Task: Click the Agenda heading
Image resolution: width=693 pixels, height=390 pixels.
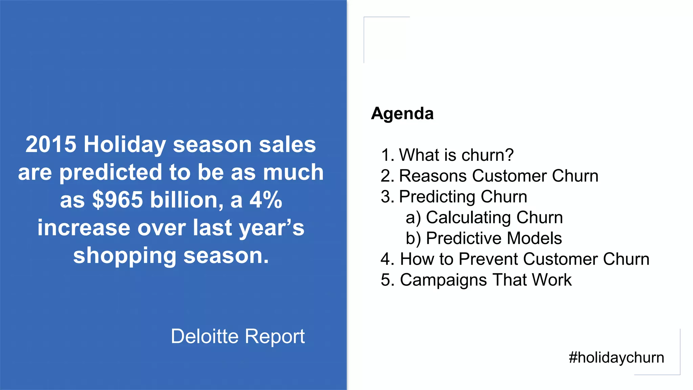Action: pyautogui.click(x=402, y=113)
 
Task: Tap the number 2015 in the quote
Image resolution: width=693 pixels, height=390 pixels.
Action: pyautogui.click(x=51, y=145)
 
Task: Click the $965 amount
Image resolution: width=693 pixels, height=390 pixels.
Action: pyautogui.click(x=117, y=200)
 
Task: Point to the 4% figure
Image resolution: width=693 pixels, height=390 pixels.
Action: pyautogui.click(x=266, y=200)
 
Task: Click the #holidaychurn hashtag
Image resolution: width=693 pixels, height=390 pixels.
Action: pyautogui.click(x=616, y=357)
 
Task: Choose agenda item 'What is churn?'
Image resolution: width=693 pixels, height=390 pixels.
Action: pyautogui.click(x=456, y=155)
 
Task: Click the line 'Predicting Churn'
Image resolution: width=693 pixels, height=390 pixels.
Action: pyautogui.click(x=463, y=197)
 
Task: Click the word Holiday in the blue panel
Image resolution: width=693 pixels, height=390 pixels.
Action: pyautogui.click(x=125, y=145)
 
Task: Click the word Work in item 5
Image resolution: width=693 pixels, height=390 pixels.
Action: pyautogui.click(x=551, y=280)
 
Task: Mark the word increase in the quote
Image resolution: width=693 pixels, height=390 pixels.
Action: pyautogui.click(x=84, y=227)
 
